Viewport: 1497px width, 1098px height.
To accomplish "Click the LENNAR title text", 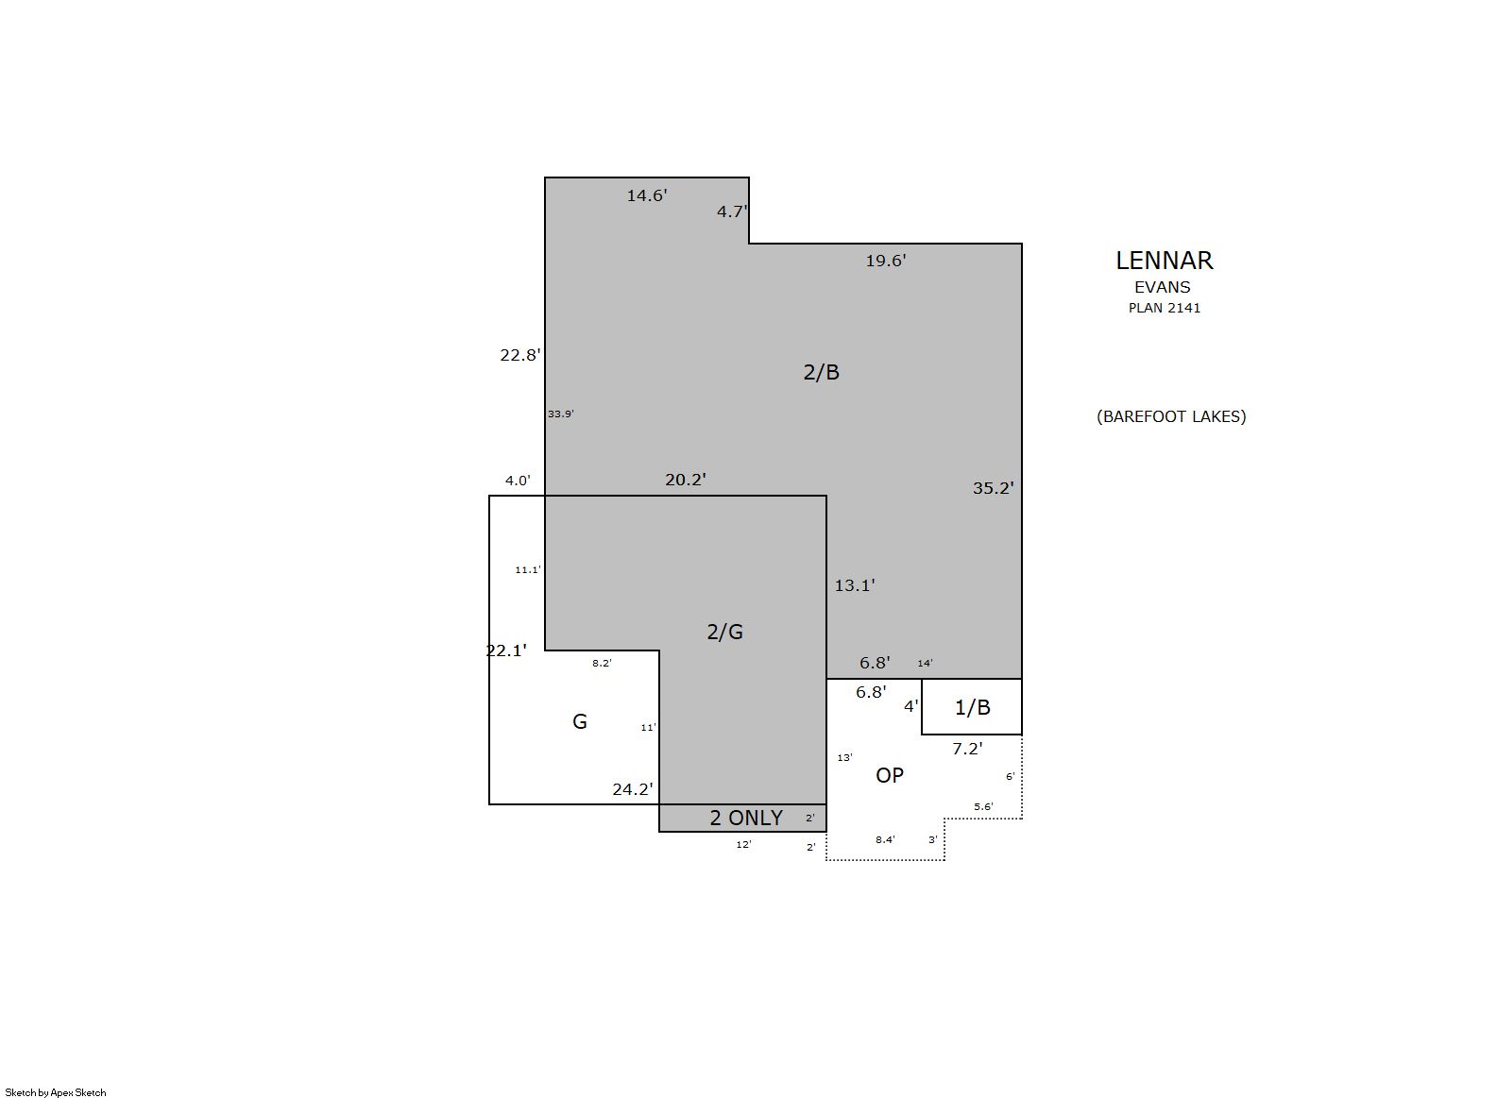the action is click(x=1165, y=261).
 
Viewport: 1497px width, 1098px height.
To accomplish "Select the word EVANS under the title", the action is click(x=1162, y=287).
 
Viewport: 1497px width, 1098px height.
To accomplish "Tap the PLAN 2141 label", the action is click(x=1165, y=308).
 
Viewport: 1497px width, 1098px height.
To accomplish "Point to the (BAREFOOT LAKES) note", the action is click(x=1171, y=416).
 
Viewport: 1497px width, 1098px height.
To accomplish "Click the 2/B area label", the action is click(x=822, y=372).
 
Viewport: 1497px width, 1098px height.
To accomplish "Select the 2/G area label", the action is click(x=725, y=632).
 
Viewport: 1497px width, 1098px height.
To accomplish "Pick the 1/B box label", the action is click(x=973, y=707).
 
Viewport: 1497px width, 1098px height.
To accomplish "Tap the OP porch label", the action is click(x=890, y=775).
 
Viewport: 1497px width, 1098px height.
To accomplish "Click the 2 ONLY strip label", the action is click(x=746, y=818).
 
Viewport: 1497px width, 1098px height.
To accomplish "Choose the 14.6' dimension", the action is click(x=647, y=195).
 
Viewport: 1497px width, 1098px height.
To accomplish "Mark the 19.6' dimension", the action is click(x=886, y=261).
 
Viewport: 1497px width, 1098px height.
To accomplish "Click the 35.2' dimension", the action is click(x=993, y=488).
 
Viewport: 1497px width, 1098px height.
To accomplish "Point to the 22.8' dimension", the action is click(x=520, y=355).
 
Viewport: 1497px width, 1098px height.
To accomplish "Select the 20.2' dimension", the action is click(x=686, y=480).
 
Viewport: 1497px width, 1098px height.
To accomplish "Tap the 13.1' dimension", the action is click(x=855, y=585).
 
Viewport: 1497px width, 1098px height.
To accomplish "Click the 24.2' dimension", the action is click(x=633, y=789).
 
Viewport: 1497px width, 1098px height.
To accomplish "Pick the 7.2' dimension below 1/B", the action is click(x=967, y=749).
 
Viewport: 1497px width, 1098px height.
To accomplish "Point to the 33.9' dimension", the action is click(x=561, y=414).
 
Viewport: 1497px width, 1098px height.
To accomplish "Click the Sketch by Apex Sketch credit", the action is click(x=56, y=1092).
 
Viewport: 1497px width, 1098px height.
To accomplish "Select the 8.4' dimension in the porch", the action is click(x=886, y=839).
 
